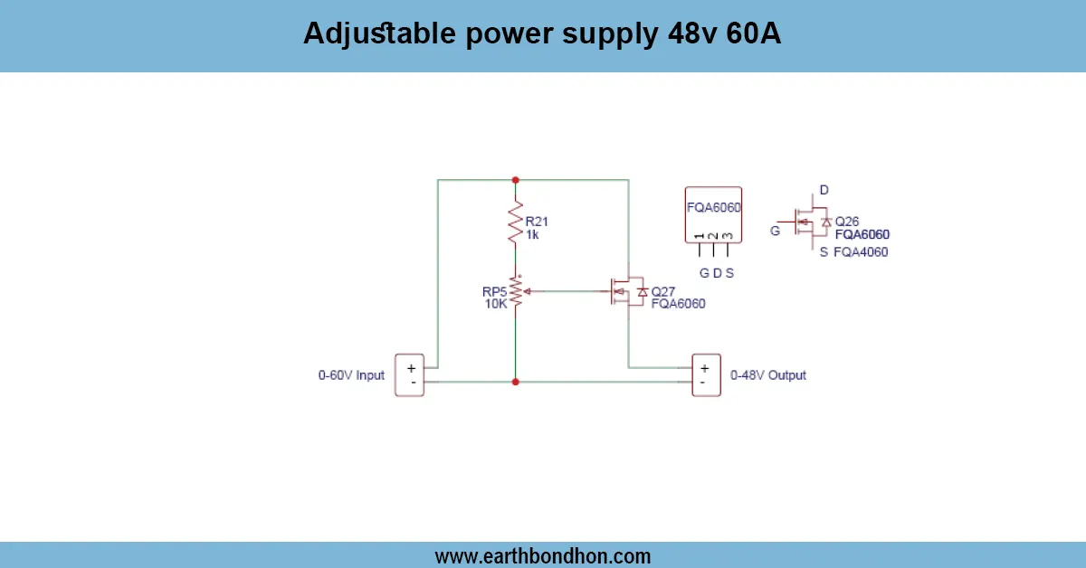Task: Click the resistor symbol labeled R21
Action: click(x=516, y=223)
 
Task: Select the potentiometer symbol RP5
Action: click(x=516, y=291)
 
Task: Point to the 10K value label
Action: click(x=496, y=304)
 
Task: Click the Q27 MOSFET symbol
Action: click(x=625, y=291)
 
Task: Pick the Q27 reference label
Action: click(x=663, y=291)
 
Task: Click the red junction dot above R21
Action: click(x=516, y=179)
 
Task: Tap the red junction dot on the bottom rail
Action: click(x=516, y=382)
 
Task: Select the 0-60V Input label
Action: click(x=351, y=374)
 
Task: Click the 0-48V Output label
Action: click(x=767, y=374)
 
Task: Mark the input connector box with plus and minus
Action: click(x=410, y=374)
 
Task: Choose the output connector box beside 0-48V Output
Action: click(x=705, y=374)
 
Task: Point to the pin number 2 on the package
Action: click(x=713, y=237)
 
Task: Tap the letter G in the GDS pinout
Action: click(x=703, y=272)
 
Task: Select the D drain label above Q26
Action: click(x=824, y=190)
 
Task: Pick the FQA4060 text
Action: click(x=861, y=252)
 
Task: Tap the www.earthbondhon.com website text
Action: click(x=542, y=555)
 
